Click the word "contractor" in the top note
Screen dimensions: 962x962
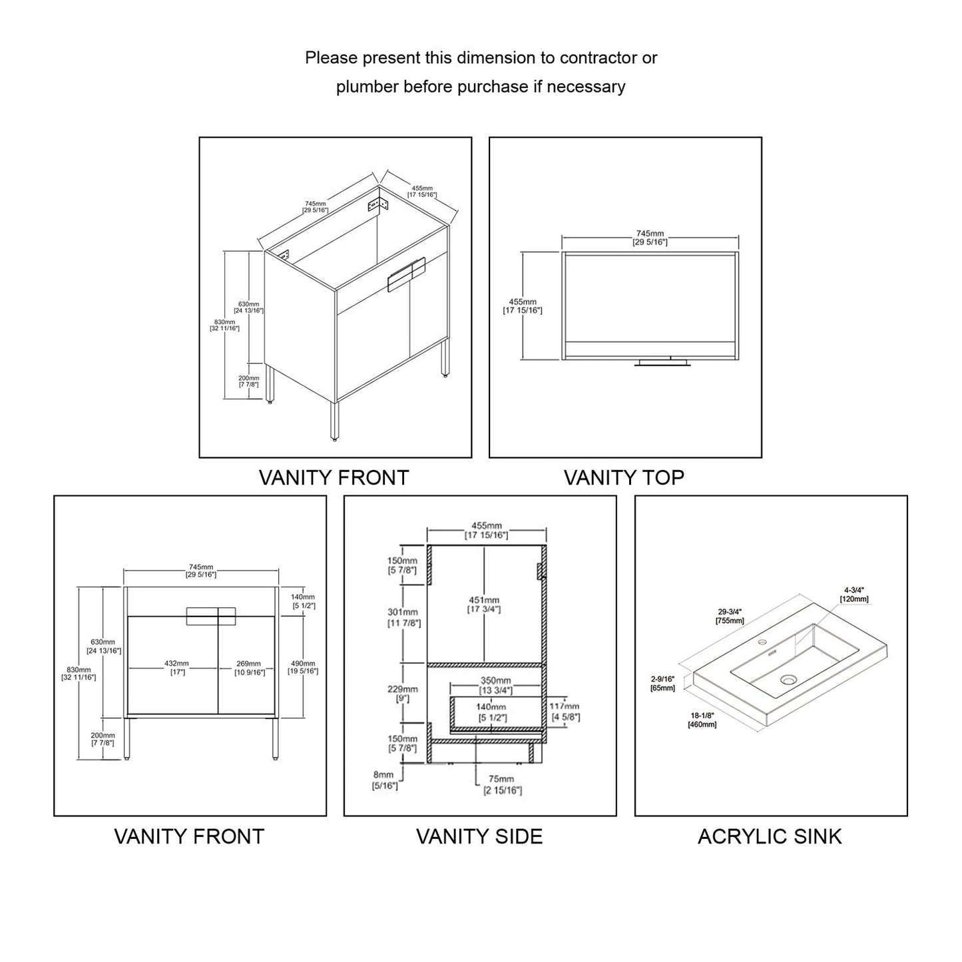[x=598, y=58]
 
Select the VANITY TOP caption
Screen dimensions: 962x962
[x=624, y=477]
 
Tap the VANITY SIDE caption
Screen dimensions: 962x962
[x=479, y=836]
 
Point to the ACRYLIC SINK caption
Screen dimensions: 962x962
[x=770, y=836]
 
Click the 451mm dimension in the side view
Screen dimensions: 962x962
[x=484, y=604]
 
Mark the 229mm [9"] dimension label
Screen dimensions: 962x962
[x=403, y=694]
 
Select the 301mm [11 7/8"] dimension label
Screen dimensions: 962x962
[x=403, y=617]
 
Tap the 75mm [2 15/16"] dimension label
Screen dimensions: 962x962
[x=502, y=784]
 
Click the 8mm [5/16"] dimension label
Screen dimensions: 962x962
[x=384, y=780]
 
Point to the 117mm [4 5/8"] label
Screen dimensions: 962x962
[x=565, y=711]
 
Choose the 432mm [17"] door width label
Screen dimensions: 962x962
[x=177, y=668]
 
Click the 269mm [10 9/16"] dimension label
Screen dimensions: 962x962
[x=249, y=668]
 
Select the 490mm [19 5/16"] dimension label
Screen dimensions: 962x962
[x=302, y=667]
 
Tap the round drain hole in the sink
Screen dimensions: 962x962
[x=789, y=680]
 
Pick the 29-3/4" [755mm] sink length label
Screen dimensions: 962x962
[x=730, y=616]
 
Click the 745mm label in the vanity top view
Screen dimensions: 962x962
[x=650, y=238]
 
